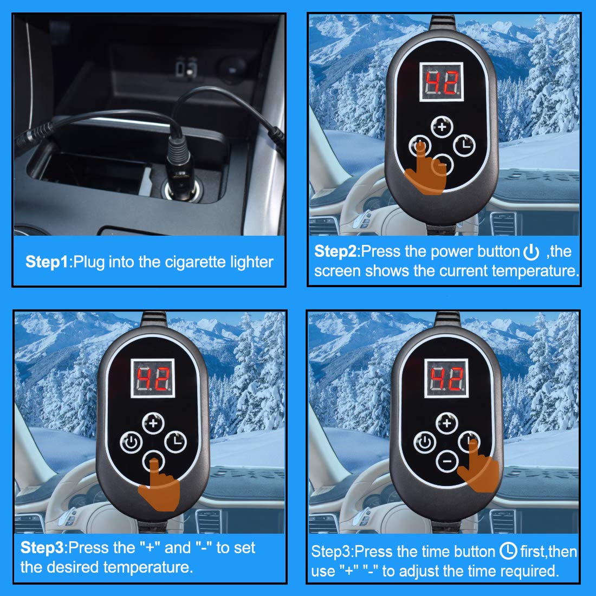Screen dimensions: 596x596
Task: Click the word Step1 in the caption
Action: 47,262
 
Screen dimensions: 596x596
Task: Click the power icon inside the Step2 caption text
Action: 531,252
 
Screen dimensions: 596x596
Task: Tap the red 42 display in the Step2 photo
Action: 442,83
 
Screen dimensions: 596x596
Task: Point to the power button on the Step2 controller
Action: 419,146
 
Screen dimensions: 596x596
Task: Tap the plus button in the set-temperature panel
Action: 153,423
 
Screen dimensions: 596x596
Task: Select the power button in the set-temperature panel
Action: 130,443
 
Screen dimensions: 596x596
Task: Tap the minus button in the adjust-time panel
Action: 446,461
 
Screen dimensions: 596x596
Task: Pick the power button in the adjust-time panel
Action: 425,442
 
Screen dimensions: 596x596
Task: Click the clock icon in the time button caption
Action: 508,552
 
